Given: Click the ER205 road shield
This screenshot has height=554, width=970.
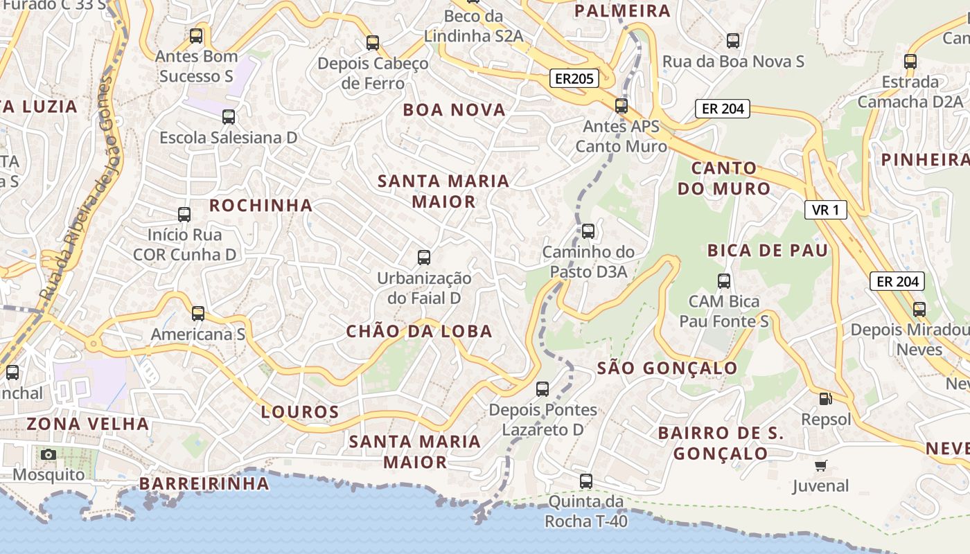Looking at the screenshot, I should [x=574, y=78].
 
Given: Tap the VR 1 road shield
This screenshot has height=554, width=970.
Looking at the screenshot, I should [x=826, y=210].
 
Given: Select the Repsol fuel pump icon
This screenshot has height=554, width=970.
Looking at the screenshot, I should [x=825, y=399].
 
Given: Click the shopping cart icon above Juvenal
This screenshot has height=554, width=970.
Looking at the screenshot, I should [x=821, y=465].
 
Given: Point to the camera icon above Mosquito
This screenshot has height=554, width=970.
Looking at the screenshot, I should [x=48, y=454].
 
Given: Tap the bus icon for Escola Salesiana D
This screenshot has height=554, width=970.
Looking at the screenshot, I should [x=229, y=117].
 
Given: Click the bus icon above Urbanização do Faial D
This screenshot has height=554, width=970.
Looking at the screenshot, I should [x=424, y=258].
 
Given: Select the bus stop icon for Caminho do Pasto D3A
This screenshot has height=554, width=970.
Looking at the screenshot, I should [x=588, y=231].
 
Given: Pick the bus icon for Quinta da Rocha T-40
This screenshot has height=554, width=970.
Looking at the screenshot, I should [x=586, y=481].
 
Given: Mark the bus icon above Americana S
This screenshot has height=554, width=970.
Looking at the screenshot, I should [x=198, y=314].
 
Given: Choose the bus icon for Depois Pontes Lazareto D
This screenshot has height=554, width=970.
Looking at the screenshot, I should [x=543, y=389].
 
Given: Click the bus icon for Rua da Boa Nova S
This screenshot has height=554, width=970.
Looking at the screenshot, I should [x=733, y=41].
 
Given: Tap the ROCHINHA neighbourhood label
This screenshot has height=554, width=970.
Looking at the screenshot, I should [x=261, y=206].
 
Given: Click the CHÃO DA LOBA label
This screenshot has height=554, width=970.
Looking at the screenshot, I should [x=419, y=332].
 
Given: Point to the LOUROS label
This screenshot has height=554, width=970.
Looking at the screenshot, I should [x=300, y=412].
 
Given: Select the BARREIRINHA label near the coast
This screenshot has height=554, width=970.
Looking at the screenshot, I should [x=204, y=483].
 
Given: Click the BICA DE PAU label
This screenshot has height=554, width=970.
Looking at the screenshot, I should [x=768, y=251].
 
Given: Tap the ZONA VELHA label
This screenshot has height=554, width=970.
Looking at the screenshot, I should [x=88, y=424].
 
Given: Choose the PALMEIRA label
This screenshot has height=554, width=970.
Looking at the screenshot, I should [x=622, y=11].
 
